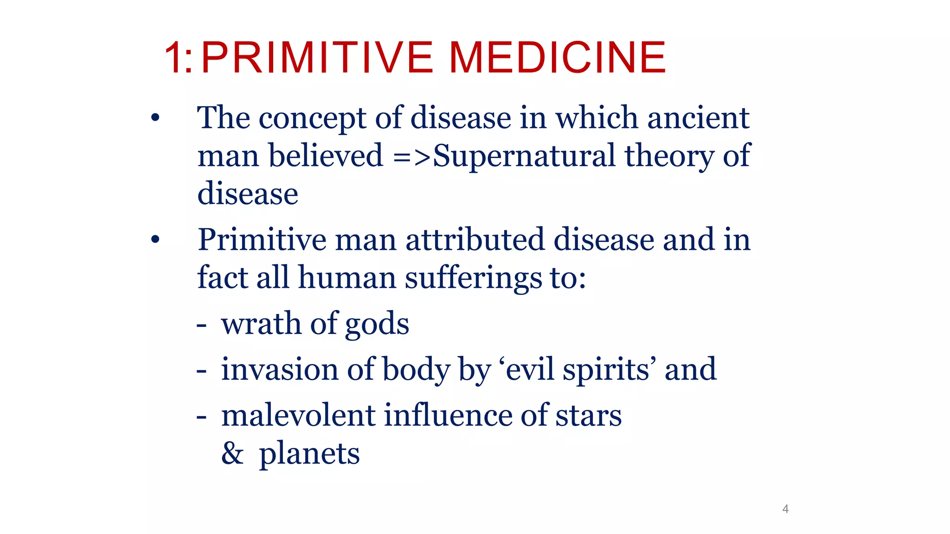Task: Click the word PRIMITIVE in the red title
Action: pos(317,57)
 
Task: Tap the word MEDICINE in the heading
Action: pos(558,57)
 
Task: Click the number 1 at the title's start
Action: pos(173,58)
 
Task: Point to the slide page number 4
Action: pos(785,509)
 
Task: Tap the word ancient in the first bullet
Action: pos(698,118)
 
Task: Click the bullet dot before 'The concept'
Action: pos(155,118)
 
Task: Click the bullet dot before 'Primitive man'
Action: pos(155,240)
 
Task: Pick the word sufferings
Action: pos(473,279)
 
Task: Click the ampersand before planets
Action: pos(232,453)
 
